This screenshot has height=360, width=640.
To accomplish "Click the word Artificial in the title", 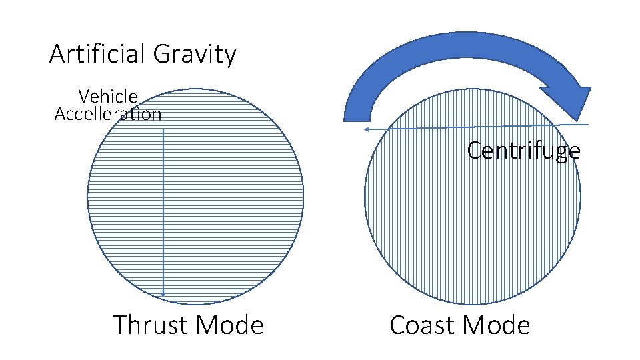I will (99, 54).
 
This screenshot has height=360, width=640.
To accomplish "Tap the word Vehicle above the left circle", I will (108, 97).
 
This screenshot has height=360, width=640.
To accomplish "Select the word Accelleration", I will (108, 114).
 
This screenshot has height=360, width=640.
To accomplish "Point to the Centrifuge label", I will (523, 151).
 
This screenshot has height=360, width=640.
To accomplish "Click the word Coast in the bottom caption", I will (422, 325).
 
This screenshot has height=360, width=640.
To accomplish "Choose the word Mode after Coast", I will (496, 325).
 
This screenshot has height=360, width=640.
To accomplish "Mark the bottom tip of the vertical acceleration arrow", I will (163, 295).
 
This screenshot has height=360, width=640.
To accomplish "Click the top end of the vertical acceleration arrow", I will (163, 131).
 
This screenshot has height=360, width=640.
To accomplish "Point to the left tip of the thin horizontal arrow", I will (366, 129).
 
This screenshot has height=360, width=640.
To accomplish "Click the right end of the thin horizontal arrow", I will (589, 124).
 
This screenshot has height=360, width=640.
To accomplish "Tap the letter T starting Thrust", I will (120, 325).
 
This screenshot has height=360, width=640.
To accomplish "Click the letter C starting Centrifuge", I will (474, 151).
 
